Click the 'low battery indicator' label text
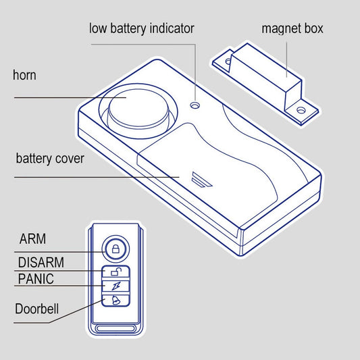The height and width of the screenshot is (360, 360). (x=142, y=28)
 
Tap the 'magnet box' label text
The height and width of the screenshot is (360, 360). (x=292, y=28)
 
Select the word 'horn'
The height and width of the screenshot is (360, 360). (x=24, y=75)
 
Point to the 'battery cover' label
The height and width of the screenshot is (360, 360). (x=50, y=159)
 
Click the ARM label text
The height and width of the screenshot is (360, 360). (x=32, y=239)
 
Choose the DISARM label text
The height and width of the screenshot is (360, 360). (x=41, y=262)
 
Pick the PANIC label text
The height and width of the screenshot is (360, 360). (x=36, y=279)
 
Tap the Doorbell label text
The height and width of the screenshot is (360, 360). (x=36, y=309)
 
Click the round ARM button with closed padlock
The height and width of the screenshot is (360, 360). (x=115, y=249)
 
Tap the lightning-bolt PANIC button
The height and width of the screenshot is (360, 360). (x=115, y=286)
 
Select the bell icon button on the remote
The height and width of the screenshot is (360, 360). (x=115, y=299)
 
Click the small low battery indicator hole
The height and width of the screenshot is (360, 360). (x=195, y=105)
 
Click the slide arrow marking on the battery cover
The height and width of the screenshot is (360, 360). (x=201, y=179)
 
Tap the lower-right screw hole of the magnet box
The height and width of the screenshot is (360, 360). (x=301, y=110)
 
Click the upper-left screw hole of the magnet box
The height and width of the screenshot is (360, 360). (x=228, y=61)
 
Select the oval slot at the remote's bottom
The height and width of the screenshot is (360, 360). (x=115, y=328)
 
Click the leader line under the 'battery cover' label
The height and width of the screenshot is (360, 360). (x=97, y=177)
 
